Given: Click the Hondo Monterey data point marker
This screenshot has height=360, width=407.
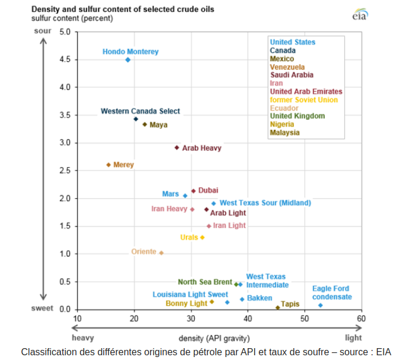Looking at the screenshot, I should pos(128,60).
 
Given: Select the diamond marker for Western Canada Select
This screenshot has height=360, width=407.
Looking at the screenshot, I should pos(136,119).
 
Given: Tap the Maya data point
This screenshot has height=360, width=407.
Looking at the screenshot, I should pos(145,125).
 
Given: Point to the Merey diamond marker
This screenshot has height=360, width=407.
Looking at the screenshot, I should pos(108,164).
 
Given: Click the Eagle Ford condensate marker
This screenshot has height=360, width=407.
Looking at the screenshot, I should pos(321,305).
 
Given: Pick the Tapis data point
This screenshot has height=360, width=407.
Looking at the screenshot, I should pos(277,307).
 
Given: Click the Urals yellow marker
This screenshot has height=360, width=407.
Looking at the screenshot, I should pos(202,237).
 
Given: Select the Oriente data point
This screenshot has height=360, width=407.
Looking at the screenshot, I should pos(161,253).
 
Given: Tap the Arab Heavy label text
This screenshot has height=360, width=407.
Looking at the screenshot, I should pos(201,148).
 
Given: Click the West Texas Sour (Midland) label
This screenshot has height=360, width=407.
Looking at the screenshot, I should pos(265,203).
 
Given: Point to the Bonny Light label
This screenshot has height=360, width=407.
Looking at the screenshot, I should pos(186,304).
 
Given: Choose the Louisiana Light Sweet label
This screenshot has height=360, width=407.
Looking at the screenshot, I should pos(190,294).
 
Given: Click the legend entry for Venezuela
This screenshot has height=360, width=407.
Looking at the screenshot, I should pos(287,67).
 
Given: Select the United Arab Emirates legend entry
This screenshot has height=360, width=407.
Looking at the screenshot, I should pos(306,92).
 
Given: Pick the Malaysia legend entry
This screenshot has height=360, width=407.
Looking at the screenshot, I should pos(285,133).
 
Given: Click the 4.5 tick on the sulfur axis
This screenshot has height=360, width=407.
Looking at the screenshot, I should pos(64,60).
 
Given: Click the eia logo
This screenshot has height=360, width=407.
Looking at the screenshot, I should pos(360,14).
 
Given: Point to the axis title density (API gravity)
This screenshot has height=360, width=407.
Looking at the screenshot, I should pos(214,338).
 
